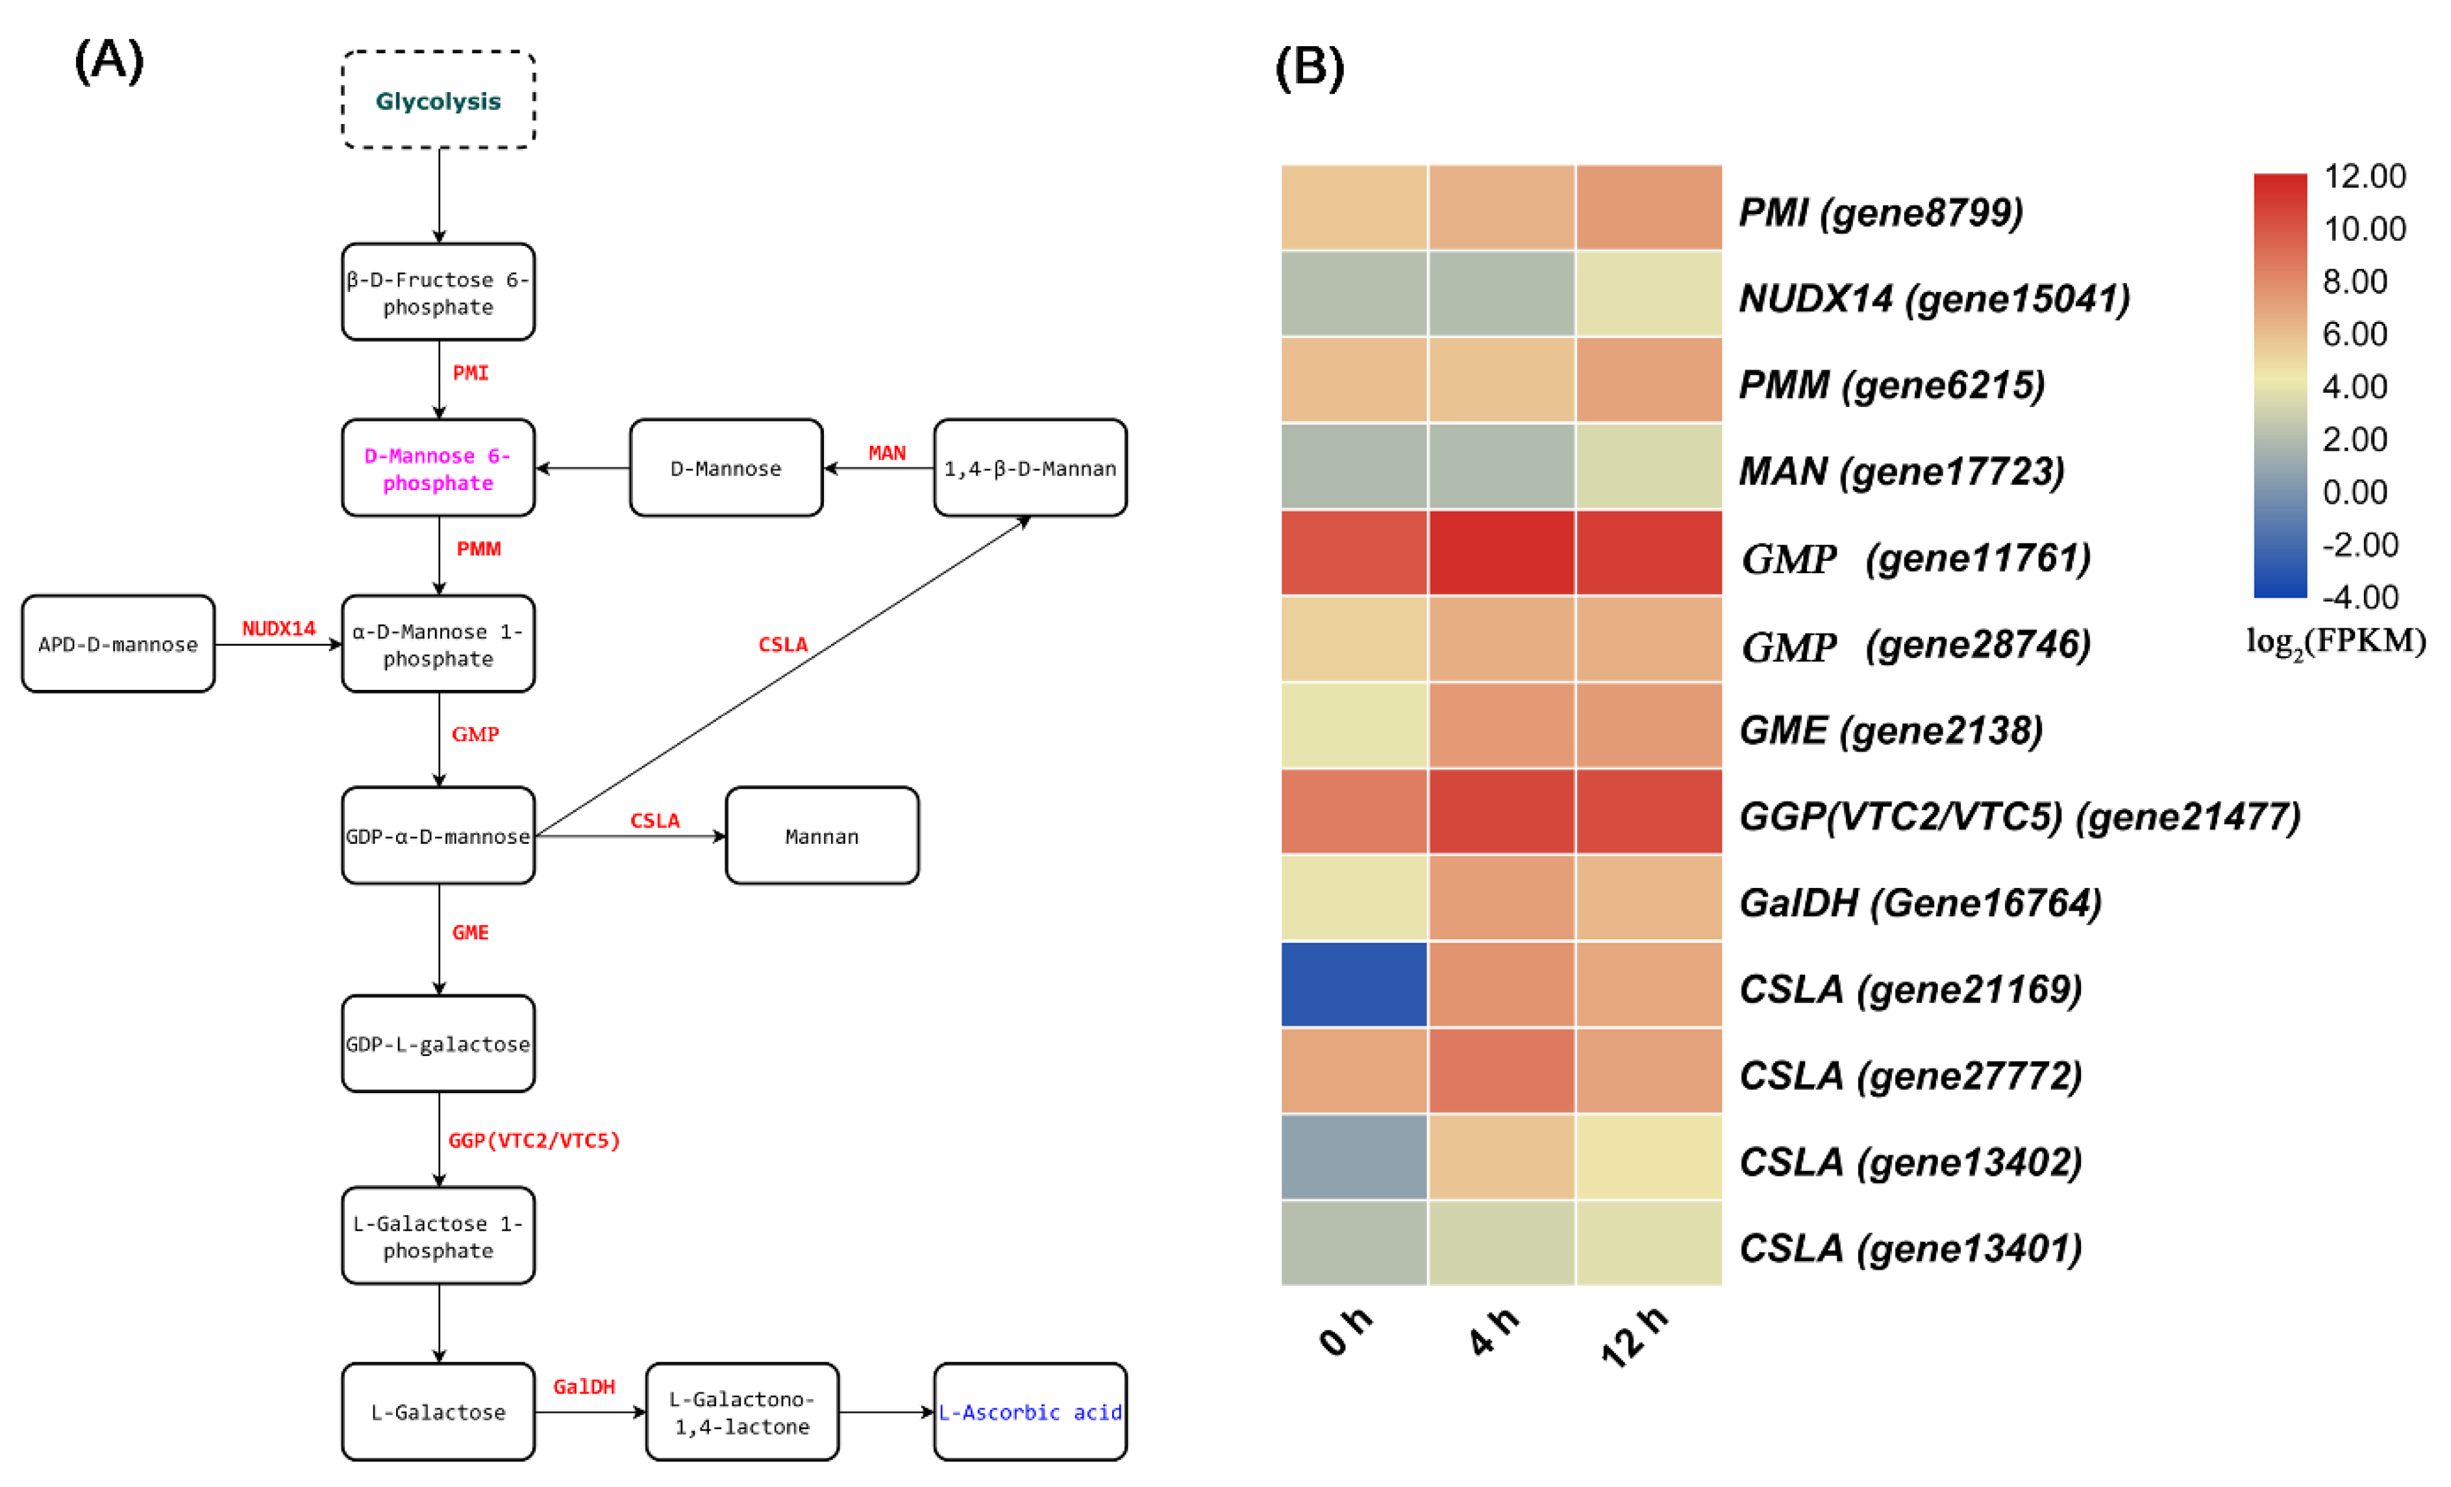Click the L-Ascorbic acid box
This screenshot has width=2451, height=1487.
pos(1030,1412)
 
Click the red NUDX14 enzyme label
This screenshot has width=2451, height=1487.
pos(279,629)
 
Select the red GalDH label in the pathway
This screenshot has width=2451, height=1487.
pos(584,1386)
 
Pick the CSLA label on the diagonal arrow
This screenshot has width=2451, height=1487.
pos(783,645)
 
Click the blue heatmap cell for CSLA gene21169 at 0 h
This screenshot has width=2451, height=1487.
pos(1354,984)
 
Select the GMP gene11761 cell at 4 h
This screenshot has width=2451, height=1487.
pos(1501,553)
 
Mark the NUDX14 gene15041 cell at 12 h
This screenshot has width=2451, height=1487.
pos(1649,295)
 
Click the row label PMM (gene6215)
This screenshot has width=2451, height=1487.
pos(1891,385)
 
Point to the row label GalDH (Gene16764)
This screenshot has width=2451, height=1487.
pos(1920,903)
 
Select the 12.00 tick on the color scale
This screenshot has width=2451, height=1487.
pos(2363,176)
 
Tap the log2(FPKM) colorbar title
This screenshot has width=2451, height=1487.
pos(2335,641)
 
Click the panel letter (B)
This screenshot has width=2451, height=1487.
pos(1309,68)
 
